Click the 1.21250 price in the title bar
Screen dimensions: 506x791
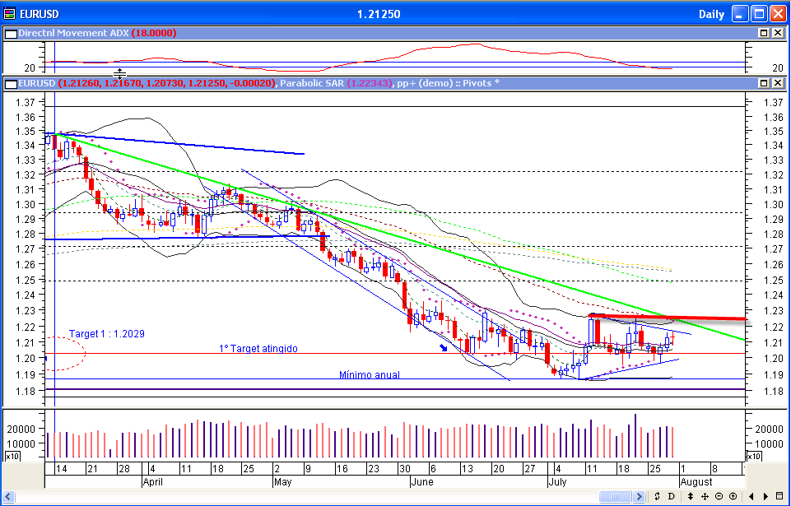point(379,13)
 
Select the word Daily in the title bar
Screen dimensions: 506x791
point(711,13)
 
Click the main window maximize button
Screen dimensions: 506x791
point(759,13)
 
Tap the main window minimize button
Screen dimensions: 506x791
point(740,13)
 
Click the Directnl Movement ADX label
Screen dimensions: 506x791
point(72,33)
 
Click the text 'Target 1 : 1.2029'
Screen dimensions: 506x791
point(106,334)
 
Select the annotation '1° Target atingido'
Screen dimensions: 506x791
point(258,349)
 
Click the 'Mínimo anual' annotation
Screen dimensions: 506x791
point(370,375)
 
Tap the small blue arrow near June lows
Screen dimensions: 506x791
point(444,348)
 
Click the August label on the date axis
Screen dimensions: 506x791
point(696,481)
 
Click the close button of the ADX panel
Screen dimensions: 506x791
point(777,33)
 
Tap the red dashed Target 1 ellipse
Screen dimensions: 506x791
point(65,354)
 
